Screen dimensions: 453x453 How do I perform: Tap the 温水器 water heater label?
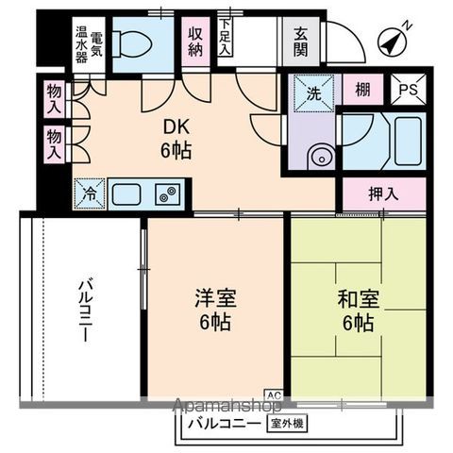coord(80,42)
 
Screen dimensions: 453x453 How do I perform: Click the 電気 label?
coord(96,42)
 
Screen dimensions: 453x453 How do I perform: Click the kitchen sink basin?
coord(126,194)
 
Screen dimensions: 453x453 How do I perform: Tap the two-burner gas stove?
coord(166,195)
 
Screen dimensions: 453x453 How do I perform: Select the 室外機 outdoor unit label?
coord(287,424)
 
